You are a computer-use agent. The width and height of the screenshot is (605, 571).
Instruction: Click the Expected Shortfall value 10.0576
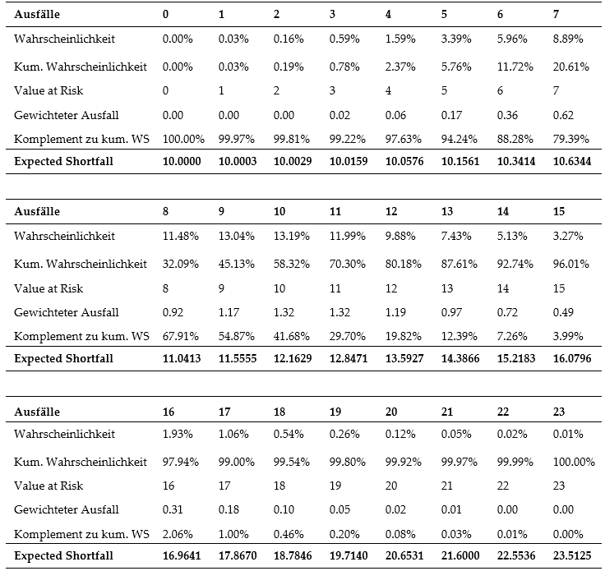(404, 161)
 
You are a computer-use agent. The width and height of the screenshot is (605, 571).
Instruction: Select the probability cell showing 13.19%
(292, 236)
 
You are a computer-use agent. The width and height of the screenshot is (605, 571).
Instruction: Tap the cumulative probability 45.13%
(237, 264)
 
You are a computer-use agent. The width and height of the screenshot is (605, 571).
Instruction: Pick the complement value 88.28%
(515, 139)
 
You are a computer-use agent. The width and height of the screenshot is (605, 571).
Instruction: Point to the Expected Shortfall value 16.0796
(572, 358)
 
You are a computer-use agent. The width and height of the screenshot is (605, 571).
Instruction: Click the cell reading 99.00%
(237, 462)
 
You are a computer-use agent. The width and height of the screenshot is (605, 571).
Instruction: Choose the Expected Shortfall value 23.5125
(572, 555)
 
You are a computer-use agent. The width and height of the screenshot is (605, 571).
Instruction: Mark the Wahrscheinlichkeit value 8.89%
(568, 39)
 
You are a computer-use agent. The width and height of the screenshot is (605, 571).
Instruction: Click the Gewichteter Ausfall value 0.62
(563, 115)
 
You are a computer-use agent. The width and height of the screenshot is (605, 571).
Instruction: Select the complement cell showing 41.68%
(292, 336)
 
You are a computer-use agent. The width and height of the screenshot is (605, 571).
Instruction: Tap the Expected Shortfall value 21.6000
(460, 555)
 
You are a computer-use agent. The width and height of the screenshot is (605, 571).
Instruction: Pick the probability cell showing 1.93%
(178, 434)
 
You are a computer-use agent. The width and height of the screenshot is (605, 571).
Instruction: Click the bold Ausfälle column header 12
(391, 211)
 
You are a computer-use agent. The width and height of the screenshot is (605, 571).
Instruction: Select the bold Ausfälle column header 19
(335, 412)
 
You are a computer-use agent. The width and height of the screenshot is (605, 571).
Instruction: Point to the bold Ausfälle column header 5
(444, 14)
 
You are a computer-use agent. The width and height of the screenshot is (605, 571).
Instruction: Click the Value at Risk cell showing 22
(503, 486)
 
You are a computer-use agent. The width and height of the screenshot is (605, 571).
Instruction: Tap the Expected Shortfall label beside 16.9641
(63, 555)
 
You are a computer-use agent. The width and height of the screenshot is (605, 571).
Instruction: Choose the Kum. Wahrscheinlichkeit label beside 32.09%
(81, 264)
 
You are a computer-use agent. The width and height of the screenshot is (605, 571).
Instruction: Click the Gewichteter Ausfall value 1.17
(229, 312)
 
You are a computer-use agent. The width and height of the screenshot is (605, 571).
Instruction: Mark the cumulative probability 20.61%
(571, 67)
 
